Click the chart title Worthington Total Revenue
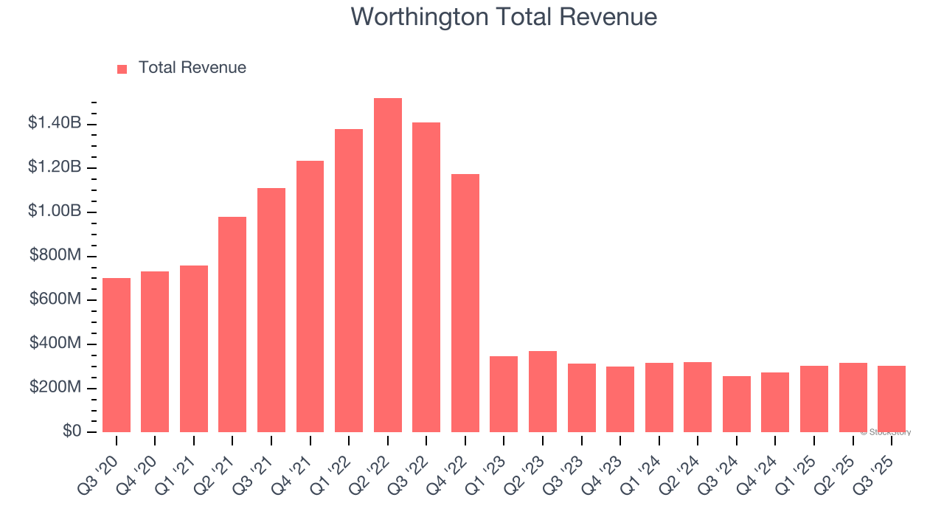pyautogui.click(x=504, y=16)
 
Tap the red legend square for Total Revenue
pyautogui.click(x=122, y=69)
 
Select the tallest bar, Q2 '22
pyautogui.click(x=388, y=265)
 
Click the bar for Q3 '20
pyautogui.click(x=117, y=355)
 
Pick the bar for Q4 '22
pyautogui.click(x=465, y=303)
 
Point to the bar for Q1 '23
pyautogui.click(x=504, y=395)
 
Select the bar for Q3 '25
pyautogui.click(x=892, y=399)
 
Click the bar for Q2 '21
pyautogui.click(x=232, y=324)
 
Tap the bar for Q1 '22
pyautogui.click(x=349, y=281)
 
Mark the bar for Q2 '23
pyautogui.click(x=543, y=392)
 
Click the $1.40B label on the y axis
pyautogui.click(x=55, y=123)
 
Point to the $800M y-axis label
pyautogui.click(x=56, y=255)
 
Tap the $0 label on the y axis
pyautogui.click(x=71, y=431)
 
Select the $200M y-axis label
pyautogui.click(x=56, y=387)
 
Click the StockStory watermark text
pyautogui.click(x=886, y=432)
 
